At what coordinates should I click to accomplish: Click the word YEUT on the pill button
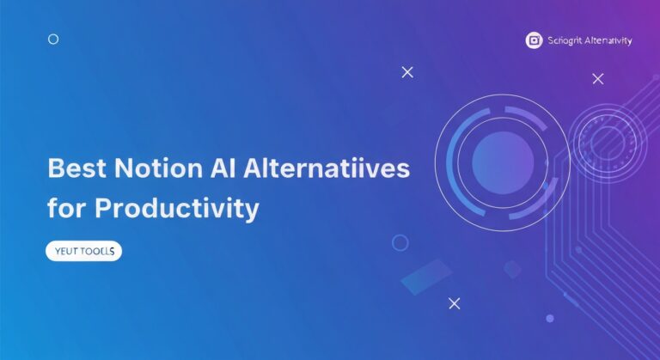point(66,252)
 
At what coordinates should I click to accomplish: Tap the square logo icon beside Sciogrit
point(534,40)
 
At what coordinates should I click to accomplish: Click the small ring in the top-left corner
point(53,39)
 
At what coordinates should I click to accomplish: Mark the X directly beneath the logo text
point(598,79)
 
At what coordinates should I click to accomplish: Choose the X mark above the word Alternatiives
point(407,72)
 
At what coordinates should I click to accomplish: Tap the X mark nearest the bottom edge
point(455,302)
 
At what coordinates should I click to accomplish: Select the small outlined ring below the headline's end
point(400,242)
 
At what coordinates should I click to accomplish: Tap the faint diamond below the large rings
point(512,269)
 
